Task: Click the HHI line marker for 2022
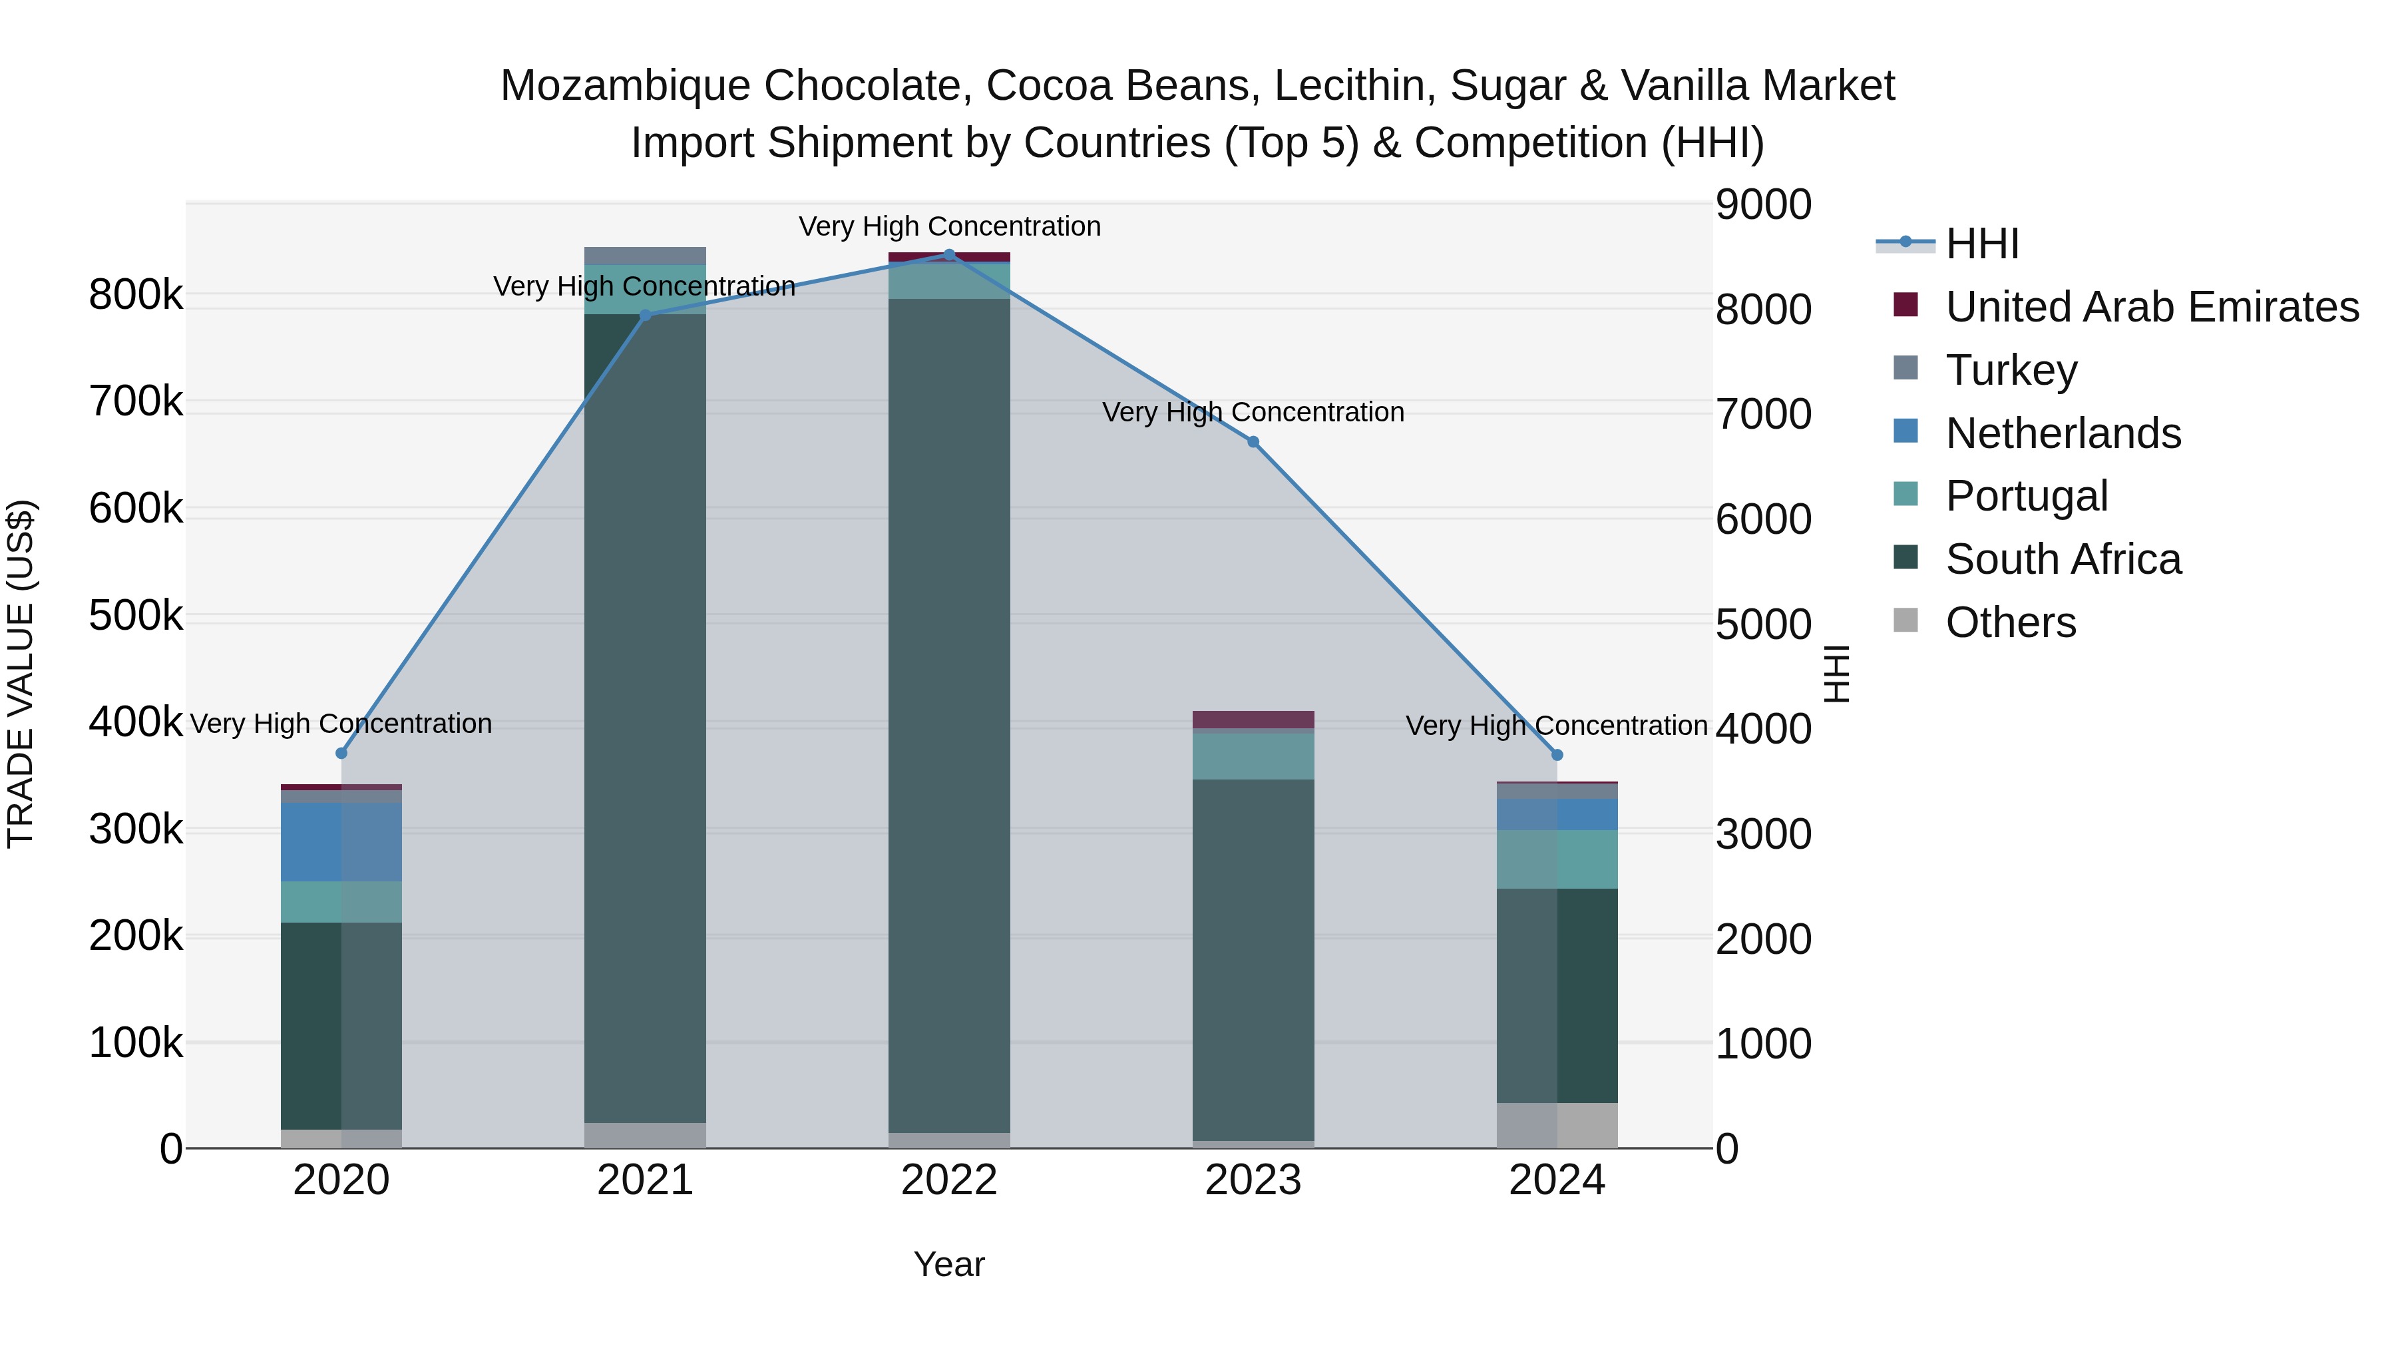(948, 255)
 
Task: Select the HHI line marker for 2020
(341, 753)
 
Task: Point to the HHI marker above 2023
(1253, 442)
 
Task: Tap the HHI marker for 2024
(1557, 754)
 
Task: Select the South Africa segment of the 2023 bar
(1253, 958)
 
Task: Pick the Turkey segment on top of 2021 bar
(644, 256)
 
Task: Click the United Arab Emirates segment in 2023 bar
(1253, 719)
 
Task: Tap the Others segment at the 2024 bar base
(1557, 1125)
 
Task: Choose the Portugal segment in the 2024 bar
(1557, 859)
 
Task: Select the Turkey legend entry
(2010, 370)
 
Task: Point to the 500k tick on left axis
(136, 616)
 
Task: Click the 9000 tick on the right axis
(1762, 204)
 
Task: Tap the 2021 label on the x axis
(644, 1180)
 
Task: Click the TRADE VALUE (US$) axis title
(21, 674)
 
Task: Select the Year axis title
(948, 1264)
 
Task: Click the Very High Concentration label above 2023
(1253, 412)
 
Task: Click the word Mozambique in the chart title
(624, 86)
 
